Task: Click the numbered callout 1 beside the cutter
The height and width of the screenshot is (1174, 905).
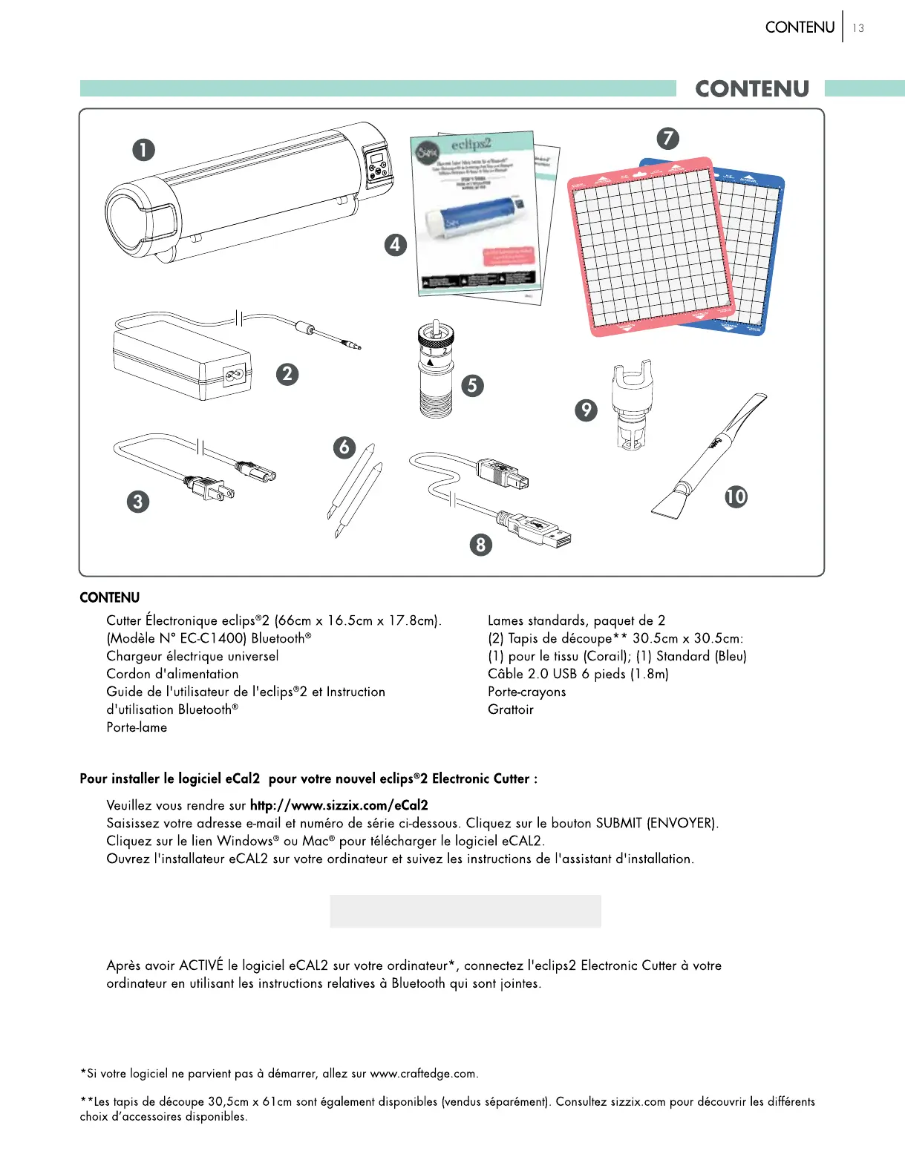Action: (x=143, y=150)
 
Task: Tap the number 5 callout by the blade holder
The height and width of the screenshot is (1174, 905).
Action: (x=472, y=385)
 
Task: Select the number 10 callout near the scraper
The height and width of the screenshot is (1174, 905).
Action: (x=736, y=496)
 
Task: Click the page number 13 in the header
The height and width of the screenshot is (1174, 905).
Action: (x=858, y=28)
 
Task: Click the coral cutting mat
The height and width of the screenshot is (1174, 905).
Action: (x=646, y=245)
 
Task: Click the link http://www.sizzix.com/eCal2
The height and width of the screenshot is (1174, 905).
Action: (x=339, y=805)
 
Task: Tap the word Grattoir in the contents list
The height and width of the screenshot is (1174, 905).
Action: (x=510, y=709)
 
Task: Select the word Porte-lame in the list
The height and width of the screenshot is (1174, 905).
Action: (x=137, y=727)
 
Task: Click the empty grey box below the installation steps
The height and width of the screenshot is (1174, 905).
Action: (x=465, y=911)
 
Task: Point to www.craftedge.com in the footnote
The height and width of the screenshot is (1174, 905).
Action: (x=423, y=1074)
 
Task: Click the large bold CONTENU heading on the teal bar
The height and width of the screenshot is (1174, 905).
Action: (x=751, y=89)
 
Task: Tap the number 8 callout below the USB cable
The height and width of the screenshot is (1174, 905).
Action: (x=481, y=545)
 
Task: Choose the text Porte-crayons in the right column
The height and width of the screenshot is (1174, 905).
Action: (x=526, y=692)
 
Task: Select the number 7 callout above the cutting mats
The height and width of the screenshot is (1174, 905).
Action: (x=668, y=138)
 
